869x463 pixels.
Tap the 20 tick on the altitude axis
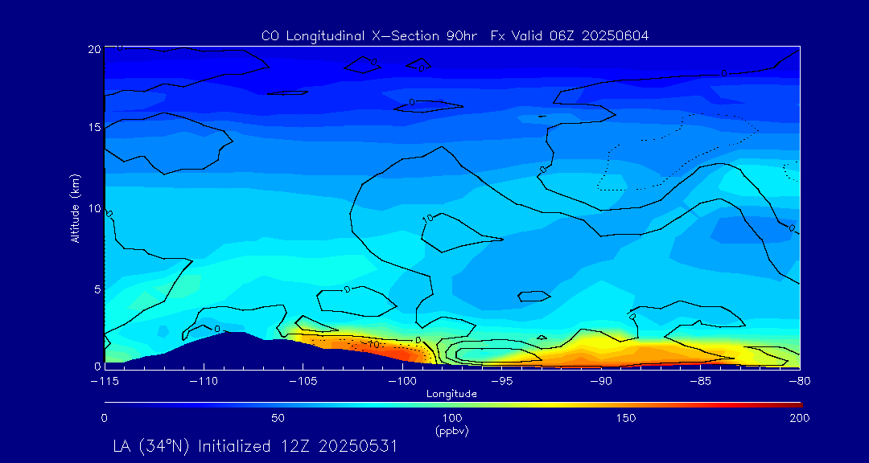[x=93, y=49]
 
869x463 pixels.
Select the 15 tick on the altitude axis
[x=93, y=128]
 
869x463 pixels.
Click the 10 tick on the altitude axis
[x=93, y=208]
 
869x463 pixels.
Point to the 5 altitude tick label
[x=97, y=288]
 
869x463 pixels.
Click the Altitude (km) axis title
[x=76, y=208]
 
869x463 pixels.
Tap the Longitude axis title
[x=452, y=393]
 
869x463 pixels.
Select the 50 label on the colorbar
[x=278, y=418]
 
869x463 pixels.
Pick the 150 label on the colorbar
[x=626, y=418]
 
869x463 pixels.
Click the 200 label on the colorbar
[x=799, y=418]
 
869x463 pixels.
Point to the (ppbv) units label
[x=452, y=431]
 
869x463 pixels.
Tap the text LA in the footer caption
[x=123, y=446]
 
